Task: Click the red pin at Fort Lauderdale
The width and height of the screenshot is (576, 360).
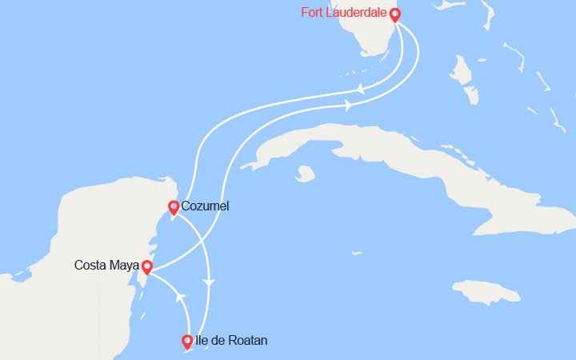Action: (394, 14)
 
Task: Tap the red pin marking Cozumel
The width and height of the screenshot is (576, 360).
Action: (173, 207)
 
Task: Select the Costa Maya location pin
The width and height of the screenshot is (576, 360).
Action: (147, 266)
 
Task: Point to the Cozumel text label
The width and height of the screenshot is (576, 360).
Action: (206, 206)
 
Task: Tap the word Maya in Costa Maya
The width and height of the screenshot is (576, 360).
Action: (122, 265)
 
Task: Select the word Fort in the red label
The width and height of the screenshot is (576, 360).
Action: (312, 13)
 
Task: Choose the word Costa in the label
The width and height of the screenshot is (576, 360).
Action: (90, 265)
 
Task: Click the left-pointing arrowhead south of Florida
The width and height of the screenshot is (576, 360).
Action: (361, 89)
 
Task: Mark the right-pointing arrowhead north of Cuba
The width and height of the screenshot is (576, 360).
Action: (348, 105)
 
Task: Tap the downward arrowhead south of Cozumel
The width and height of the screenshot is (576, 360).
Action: (210, 282)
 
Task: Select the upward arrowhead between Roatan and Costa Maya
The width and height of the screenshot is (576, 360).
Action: (182, 296)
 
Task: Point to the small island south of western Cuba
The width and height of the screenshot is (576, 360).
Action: (304, 173)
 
